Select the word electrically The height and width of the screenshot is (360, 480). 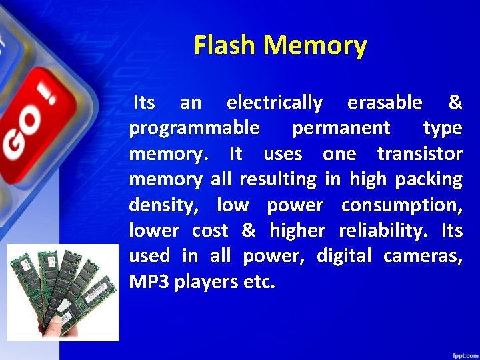[275, 103]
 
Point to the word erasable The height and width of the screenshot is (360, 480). [385, 103]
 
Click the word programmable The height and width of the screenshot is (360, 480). [194, 128]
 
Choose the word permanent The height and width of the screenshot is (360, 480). [341, 128]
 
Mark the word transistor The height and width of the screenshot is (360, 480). [419, 153]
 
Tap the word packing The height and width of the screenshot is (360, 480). [428, 179]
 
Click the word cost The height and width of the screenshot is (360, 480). [210, 231]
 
